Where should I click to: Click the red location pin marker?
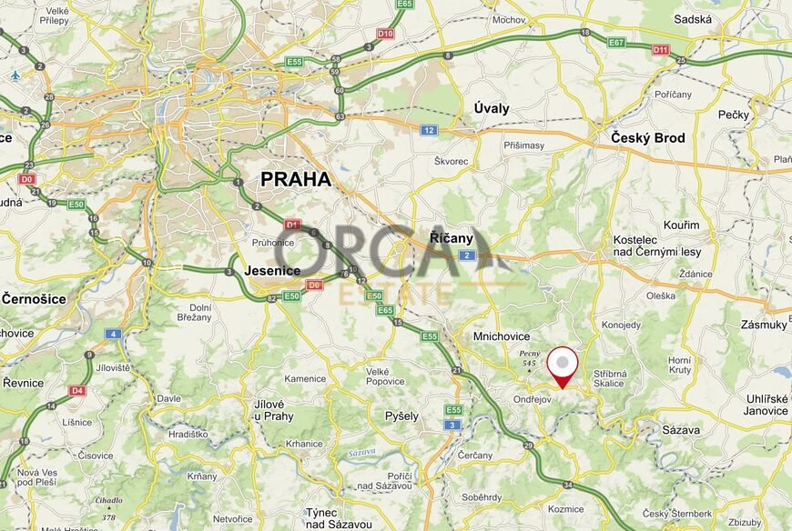click(564, 366)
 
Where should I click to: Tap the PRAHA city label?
click(295, 179)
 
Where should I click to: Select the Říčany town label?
click(452, 238)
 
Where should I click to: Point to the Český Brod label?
click(647, 138)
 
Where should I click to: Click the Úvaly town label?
click(492, 108)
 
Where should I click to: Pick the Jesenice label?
click(273, 270)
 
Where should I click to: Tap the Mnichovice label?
click(501, 336)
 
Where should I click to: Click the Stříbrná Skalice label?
click(609, 378)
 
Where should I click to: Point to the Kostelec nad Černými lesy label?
click(657, 245)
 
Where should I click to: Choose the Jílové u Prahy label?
click(274, 409)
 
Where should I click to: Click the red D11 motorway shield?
click(660, 50)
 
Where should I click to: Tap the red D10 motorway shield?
click(386, 34)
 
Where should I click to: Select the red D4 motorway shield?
click(76, 390)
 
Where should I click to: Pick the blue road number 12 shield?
click(429, 130)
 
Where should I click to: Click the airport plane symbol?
click(15, 75)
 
